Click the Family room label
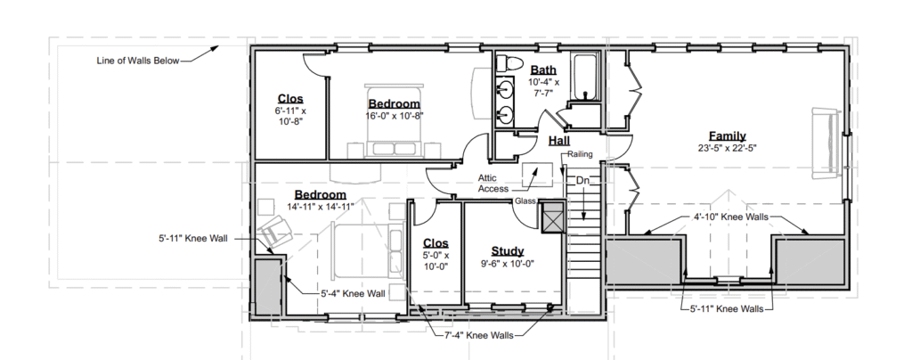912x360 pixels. tap(727, 136)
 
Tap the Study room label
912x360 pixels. tap(507, 251)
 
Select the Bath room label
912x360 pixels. tap(543, 70)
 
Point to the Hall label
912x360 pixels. tap(559, 141)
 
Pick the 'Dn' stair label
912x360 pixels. tap(582, 181)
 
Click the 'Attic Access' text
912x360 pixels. tap(493, 184)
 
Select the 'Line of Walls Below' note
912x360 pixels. tap(138, 61)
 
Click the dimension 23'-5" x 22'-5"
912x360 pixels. tap(727, 148)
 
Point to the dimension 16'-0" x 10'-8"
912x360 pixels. tap(394, 116)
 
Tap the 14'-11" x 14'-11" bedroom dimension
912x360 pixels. tap(320, 206)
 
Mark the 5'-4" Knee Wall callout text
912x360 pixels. tap(353, 294)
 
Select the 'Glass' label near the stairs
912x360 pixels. tap(525, 201)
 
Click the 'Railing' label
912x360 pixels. tap(580, 154)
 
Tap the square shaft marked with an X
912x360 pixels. tap(552, 217)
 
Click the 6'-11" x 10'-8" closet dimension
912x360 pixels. tap(290, 116)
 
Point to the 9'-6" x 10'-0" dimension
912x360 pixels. tap(507, 264)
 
